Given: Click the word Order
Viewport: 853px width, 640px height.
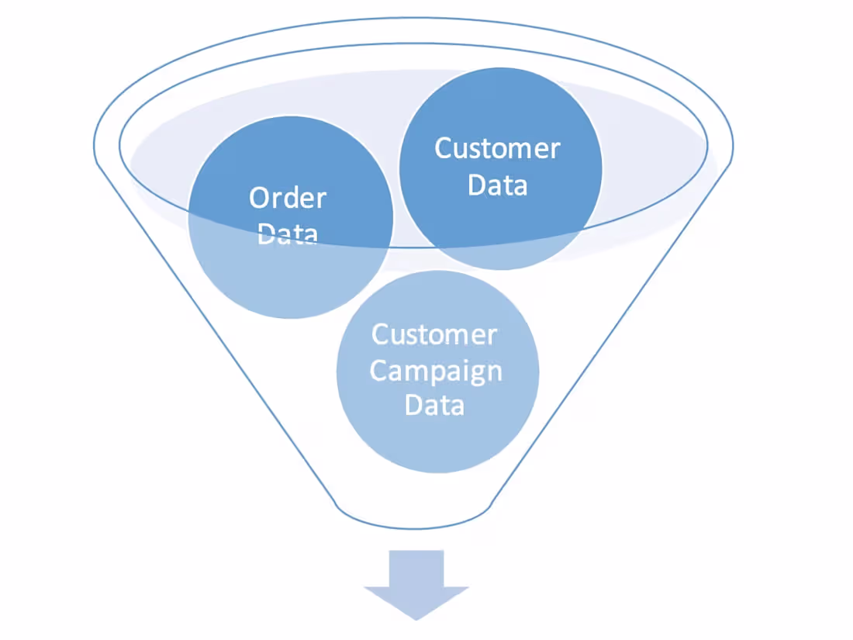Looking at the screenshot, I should click(288, 198).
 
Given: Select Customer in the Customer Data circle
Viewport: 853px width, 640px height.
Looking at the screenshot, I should click(497, 148).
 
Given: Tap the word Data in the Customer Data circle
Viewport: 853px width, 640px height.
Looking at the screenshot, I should click(498, 185).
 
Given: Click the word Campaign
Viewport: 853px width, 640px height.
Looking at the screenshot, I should click(436, 372).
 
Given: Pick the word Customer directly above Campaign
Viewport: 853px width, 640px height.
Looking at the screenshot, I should click(434, 335).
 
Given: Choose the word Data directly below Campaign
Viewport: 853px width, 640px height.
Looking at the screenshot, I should click(434, 405).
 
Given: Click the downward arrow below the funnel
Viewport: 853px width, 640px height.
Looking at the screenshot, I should click(416, 582).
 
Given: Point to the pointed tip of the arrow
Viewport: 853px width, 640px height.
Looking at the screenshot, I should click(416, 617).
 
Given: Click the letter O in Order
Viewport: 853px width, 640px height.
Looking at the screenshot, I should click(260, 198).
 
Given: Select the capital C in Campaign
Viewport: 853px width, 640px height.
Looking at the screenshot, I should click(379, 371).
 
